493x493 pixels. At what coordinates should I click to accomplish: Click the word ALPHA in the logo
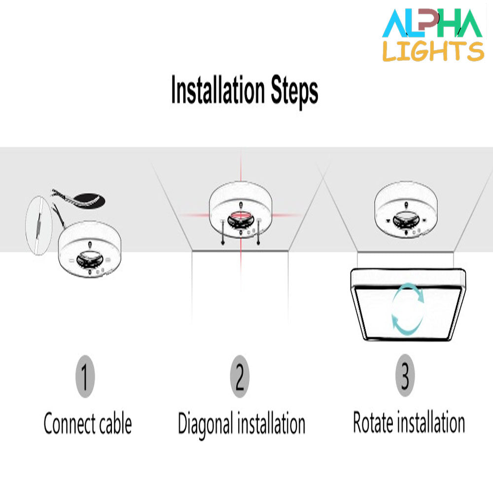pos(432,23)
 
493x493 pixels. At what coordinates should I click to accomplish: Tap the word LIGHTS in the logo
pos(433,51)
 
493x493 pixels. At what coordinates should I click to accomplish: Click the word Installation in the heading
pos(218,90)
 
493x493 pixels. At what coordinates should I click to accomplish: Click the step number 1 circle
pos(85,376)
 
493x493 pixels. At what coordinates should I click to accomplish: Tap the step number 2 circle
pos(240,376)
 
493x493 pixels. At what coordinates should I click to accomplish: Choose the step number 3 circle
pos(405,375)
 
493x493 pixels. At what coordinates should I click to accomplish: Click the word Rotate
pos(373,422)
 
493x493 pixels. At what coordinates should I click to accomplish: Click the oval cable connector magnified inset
pos(38,225)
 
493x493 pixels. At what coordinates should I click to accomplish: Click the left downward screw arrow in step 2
pos(223,233)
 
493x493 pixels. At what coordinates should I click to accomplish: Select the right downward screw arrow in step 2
pos(258,233)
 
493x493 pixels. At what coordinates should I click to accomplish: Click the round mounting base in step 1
pos(90,249)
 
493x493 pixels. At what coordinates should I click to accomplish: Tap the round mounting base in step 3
pos(406,209)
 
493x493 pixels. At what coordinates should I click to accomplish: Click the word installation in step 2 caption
pos(271,423)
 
